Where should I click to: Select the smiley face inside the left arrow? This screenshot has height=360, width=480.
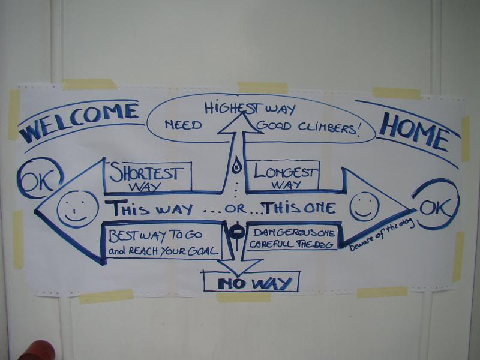[x=78, y=209]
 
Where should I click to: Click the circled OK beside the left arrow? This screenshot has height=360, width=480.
[x=40, y=178]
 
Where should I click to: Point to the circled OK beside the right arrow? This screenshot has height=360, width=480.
[x=436, y=204]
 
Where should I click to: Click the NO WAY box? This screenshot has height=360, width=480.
[x=251, y=281]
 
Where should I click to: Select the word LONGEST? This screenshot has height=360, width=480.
[x=284, y=172]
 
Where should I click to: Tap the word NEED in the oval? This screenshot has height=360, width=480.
[x=184, y=125]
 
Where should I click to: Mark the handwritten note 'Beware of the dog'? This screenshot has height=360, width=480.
[x=382, y=233]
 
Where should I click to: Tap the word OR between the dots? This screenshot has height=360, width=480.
[x=235, y=208]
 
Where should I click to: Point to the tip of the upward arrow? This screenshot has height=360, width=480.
[x=243, y=112]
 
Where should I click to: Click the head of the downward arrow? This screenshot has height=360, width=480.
[x=239, y=266]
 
